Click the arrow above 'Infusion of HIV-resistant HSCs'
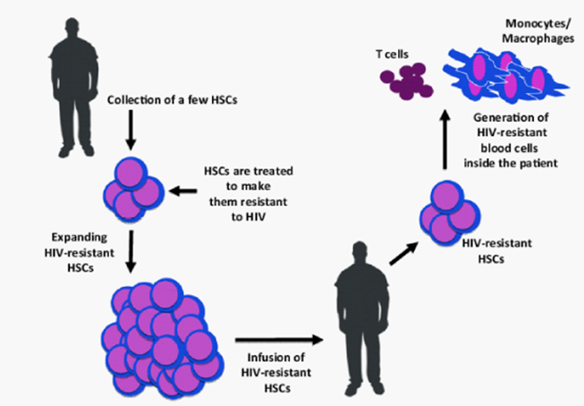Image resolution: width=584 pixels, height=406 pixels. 278,339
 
